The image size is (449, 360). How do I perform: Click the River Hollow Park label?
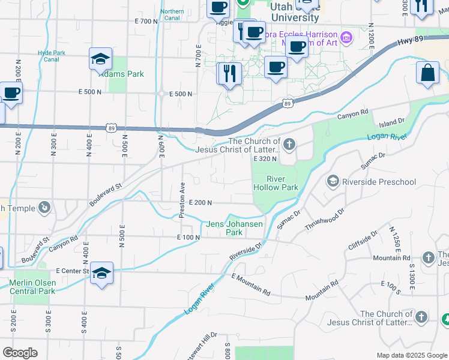pyautogui.click(x=275, y=183)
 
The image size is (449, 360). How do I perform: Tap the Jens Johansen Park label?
pyautogui.click(x=235, y=228)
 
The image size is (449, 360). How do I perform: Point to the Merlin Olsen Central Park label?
pyautogui.click(x=31, y=287)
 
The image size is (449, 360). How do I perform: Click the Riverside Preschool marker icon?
pyautogui.click(x=332, y=181)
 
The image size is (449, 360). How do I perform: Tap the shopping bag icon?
pyautogui.click(x=427, y=73)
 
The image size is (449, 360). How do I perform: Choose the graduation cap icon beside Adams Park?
pyautogui.click(x=101, y=59)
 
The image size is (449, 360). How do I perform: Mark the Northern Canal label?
pyautogui.click(x=172, y=15)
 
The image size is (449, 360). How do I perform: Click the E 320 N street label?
pyautogui.click(x=265, y=159)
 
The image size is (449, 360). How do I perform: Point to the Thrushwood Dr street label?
pyautogui.click(x=326, y=219)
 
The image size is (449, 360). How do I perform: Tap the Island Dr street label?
pyautogui.click(x=393, y=122)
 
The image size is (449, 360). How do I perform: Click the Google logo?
pyautogui.click(x=19, y=352)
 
